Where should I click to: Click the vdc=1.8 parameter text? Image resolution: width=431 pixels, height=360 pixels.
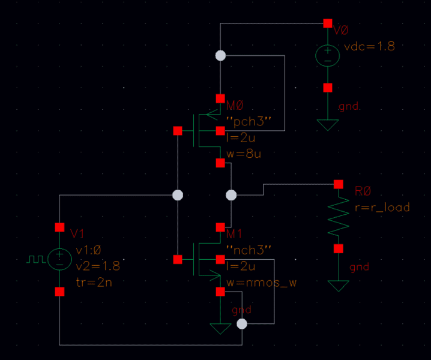point(370,46)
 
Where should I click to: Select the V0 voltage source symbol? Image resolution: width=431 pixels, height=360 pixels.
point(327,55)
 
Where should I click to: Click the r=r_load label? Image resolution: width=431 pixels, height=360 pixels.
point(382,208)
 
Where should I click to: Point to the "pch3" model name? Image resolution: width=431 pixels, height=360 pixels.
point(249,121)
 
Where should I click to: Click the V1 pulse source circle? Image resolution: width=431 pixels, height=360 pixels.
point(59,259)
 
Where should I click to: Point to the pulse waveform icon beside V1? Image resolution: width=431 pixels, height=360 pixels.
point(36,259)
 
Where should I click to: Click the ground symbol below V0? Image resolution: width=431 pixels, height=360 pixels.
point(327,125)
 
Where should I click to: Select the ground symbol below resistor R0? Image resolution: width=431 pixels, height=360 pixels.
point(339,286)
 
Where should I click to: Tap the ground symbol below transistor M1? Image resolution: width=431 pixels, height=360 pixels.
point(220,329)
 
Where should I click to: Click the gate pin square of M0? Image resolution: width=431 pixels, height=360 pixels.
point(178,131)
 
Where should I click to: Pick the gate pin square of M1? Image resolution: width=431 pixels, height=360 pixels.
point(178,259)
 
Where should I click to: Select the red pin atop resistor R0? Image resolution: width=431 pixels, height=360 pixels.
point(339,184)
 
